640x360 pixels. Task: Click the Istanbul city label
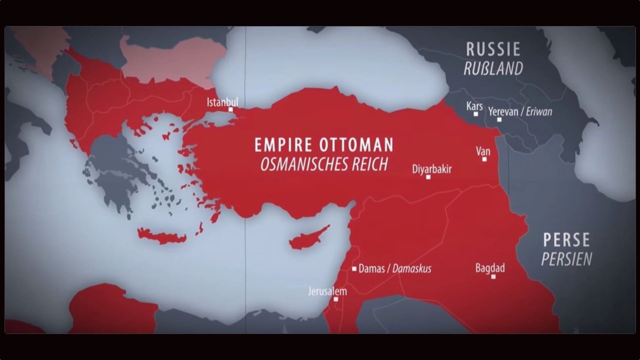[222, 102]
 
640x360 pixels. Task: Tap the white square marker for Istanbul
[230, 109]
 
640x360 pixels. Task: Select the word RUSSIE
[493, 49]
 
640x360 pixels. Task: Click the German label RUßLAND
[493, 68]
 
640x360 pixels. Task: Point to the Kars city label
[474, 106]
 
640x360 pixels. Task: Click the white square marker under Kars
[475, 114]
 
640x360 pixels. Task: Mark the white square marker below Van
[484, 159]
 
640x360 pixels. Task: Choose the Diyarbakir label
[431, 169]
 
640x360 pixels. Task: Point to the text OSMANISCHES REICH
[324, 164]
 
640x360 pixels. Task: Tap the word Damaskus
[411, 269]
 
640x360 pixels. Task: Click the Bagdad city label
[489, 268]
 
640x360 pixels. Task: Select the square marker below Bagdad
[493, 276]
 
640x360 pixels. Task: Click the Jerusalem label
[327, 291]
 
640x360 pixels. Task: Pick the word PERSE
[566, 240]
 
